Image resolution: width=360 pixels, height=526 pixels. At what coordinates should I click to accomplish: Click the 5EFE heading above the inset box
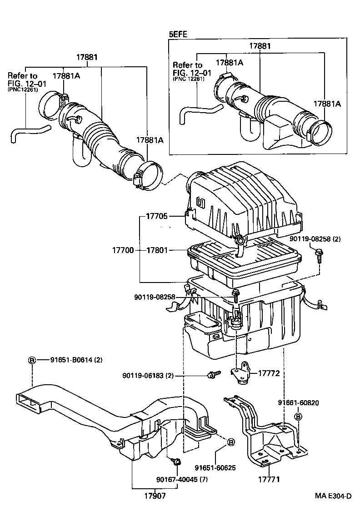pos(178,34)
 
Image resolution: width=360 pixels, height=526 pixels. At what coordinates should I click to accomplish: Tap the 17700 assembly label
pos(123,250)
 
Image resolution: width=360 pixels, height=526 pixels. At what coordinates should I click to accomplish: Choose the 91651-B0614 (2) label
pos(76,360)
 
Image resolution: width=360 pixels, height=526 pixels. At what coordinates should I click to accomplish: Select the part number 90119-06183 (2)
pos(148,376)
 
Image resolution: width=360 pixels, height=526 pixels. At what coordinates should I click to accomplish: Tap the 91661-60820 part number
pos(298,403)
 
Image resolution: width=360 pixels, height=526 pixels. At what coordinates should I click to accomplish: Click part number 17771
pos(269,479)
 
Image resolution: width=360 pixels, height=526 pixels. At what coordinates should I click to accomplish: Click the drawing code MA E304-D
pos(333,496)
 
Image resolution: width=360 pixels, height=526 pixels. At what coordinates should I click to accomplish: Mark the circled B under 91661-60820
pos(298,416)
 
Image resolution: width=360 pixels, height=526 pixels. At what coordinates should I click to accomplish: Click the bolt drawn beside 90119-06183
pos(212,375)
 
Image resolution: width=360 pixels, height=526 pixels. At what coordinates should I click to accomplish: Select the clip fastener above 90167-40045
pos(175,462)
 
